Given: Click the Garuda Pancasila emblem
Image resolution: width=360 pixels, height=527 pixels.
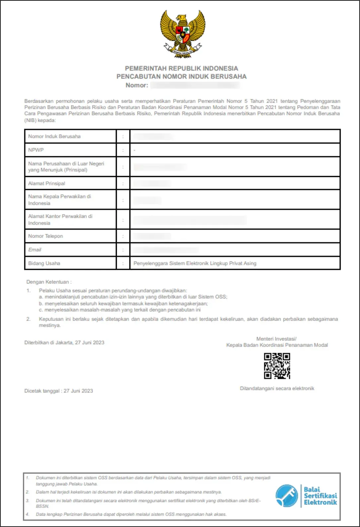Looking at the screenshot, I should (182, 34).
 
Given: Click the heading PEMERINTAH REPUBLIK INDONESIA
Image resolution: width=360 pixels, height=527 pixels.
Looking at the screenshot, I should (181, 68).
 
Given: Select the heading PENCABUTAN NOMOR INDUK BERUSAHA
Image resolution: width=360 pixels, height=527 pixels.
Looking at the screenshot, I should (181, 76).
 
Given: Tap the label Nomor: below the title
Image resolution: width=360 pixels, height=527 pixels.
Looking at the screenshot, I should (137, 85).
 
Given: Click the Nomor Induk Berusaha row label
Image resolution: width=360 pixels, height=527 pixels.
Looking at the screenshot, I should (54, 136).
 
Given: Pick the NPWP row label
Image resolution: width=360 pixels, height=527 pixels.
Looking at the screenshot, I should (36, 150).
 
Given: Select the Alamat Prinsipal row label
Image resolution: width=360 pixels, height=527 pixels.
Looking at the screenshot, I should (47, 183).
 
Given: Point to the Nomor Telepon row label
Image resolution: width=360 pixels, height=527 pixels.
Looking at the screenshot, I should (45, 236).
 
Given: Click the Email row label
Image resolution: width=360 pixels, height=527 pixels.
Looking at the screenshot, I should (35, 250).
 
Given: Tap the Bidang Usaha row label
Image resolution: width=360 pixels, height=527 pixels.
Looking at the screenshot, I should (44, 263).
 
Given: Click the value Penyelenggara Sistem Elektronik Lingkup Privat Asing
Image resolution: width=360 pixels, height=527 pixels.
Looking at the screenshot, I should (195, 263).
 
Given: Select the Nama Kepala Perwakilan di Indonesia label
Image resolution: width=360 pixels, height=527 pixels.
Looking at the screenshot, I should (59, 200).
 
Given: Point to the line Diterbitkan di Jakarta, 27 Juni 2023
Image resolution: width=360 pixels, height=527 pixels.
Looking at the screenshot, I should (64, 342).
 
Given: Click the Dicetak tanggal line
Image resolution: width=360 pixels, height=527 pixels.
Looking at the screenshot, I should (59, 391).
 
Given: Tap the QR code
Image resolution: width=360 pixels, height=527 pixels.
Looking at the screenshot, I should (277, 366).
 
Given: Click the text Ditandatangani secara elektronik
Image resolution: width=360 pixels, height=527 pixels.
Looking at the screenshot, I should (277, 388).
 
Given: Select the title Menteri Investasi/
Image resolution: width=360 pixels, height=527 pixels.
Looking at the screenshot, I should (276, 339).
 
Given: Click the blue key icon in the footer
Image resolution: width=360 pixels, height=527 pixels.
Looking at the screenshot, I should (287, 495).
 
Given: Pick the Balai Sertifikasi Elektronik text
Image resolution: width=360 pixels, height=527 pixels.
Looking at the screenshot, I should (320, 496).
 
